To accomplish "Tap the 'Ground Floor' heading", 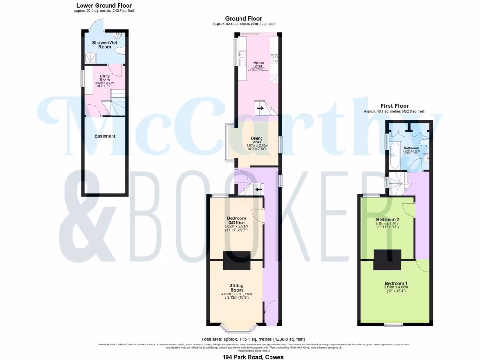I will tap(244, 19).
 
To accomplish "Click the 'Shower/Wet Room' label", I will tap(101, 44).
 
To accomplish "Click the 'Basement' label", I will tap(105, 136).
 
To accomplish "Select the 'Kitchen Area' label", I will tap(259, 64).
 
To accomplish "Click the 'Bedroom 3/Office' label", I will tap(236, 221).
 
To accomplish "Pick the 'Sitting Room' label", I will tap(236, 288).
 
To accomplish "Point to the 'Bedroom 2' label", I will tap(388, 219).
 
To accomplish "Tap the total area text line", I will tap(253, 339).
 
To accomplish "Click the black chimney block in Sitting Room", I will tap(236, 261).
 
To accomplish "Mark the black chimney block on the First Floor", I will tap(387, 260).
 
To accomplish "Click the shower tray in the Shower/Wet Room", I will tap(89, 57).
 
